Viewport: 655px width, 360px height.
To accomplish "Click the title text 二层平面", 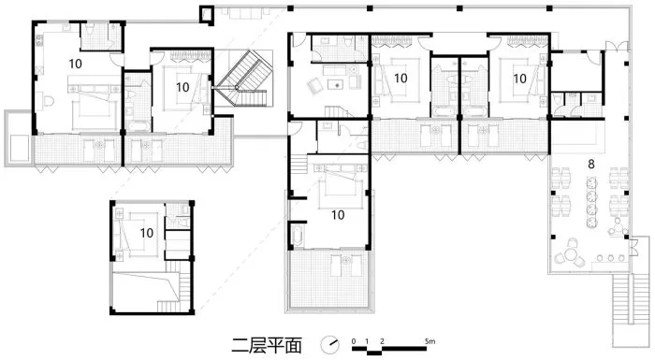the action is pyautogui.click(x=267, y=345).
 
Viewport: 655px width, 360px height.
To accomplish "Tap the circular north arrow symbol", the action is pyautogui.click(x=330, y=344).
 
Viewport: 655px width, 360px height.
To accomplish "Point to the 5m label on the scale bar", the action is pyautogui.click(x=429, y=340).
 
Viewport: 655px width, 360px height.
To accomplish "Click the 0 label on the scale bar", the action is pyautogui.click(x=354, y=341).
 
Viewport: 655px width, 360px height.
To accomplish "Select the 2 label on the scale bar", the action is pyautogui.click(x=382, y=341).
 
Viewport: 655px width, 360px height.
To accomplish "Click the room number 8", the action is pyautogui.click(x=590, y=165).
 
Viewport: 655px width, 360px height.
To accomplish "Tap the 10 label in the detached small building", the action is pyautogui.click(x=147, y=233).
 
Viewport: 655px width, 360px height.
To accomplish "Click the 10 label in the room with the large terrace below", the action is pyautogui.click(x=338, y=215).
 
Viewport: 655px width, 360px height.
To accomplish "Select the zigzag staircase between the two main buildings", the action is pyautogui.click(x=242, y=79).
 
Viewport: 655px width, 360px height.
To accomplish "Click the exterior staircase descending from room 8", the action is pyautogui.click(x=625, y=301).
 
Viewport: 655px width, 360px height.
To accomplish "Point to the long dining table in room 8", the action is pyautogui.click(x=591, y=203).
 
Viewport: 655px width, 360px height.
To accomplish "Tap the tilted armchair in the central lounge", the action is pyautogui.click(x=314, y=86).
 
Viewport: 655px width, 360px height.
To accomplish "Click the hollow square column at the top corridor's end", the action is pyautogui.click(x=207, y=15).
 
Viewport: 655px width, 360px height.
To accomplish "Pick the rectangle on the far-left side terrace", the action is pyautogui.click(x=19, y=148).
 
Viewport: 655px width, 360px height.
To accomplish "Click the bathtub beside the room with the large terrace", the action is pyautogui.click(x=297, y=236).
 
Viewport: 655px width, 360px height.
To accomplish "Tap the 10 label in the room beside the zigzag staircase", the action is pyautogui.click(x=182, y=87).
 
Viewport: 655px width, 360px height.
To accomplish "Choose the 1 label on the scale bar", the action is pyautogui.click(x=367, y=341).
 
